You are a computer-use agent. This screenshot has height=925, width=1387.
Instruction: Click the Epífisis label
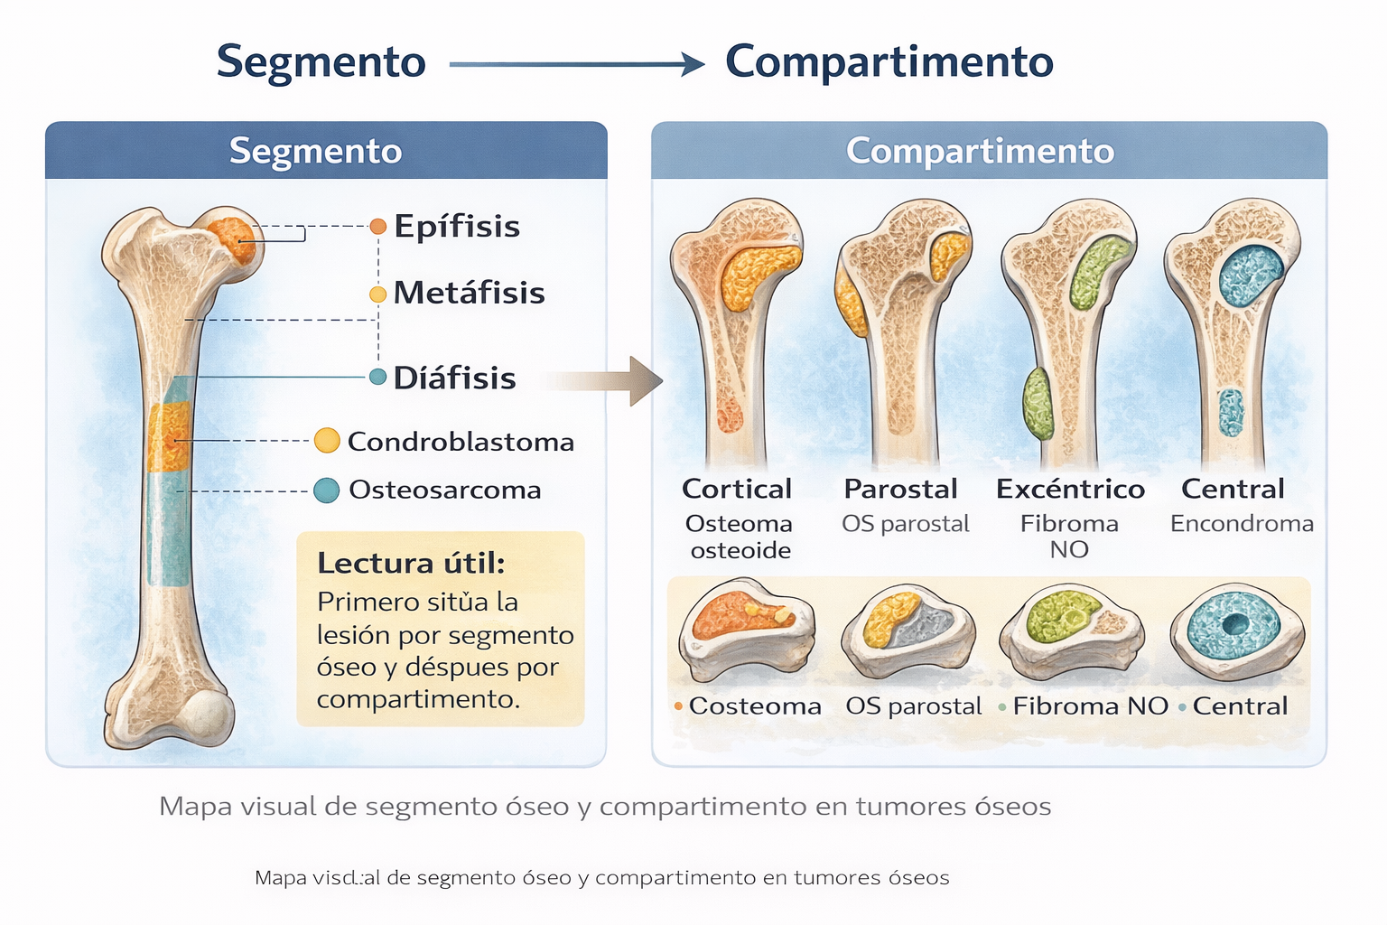tap(456, 226)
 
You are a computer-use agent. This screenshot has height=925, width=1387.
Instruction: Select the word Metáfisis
tap(469, 293)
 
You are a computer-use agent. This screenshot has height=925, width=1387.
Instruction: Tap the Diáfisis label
tap(454, 378)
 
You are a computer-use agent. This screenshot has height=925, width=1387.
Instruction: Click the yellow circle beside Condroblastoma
tap(327, 441)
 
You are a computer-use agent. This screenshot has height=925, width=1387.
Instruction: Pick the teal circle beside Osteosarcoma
tap(326, 490)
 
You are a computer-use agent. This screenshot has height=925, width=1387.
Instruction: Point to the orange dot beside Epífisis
tap(378, 226)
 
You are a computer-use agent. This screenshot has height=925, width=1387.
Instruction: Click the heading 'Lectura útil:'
tap(410, 563)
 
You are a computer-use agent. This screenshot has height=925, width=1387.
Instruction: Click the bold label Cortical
tap(736, 489)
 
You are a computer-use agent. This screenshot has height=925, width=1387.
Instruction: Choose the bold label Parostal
tap(900, 489)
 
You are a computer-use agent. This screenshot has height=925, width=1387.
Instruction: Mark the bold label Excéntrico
tap(1070, 489)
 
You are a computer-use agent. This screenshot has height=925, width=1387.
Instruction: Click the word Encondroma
tap(1242, 523)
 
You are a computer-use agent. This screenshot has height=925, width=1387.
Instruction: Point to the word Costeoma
tap(755, 705)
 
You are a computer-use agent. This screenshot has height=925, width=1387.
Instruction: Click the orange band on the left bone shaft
tap(169, 437)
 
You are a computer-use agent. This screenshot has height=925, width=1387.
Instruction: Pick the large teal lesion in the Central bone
tap(1251, 275)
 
